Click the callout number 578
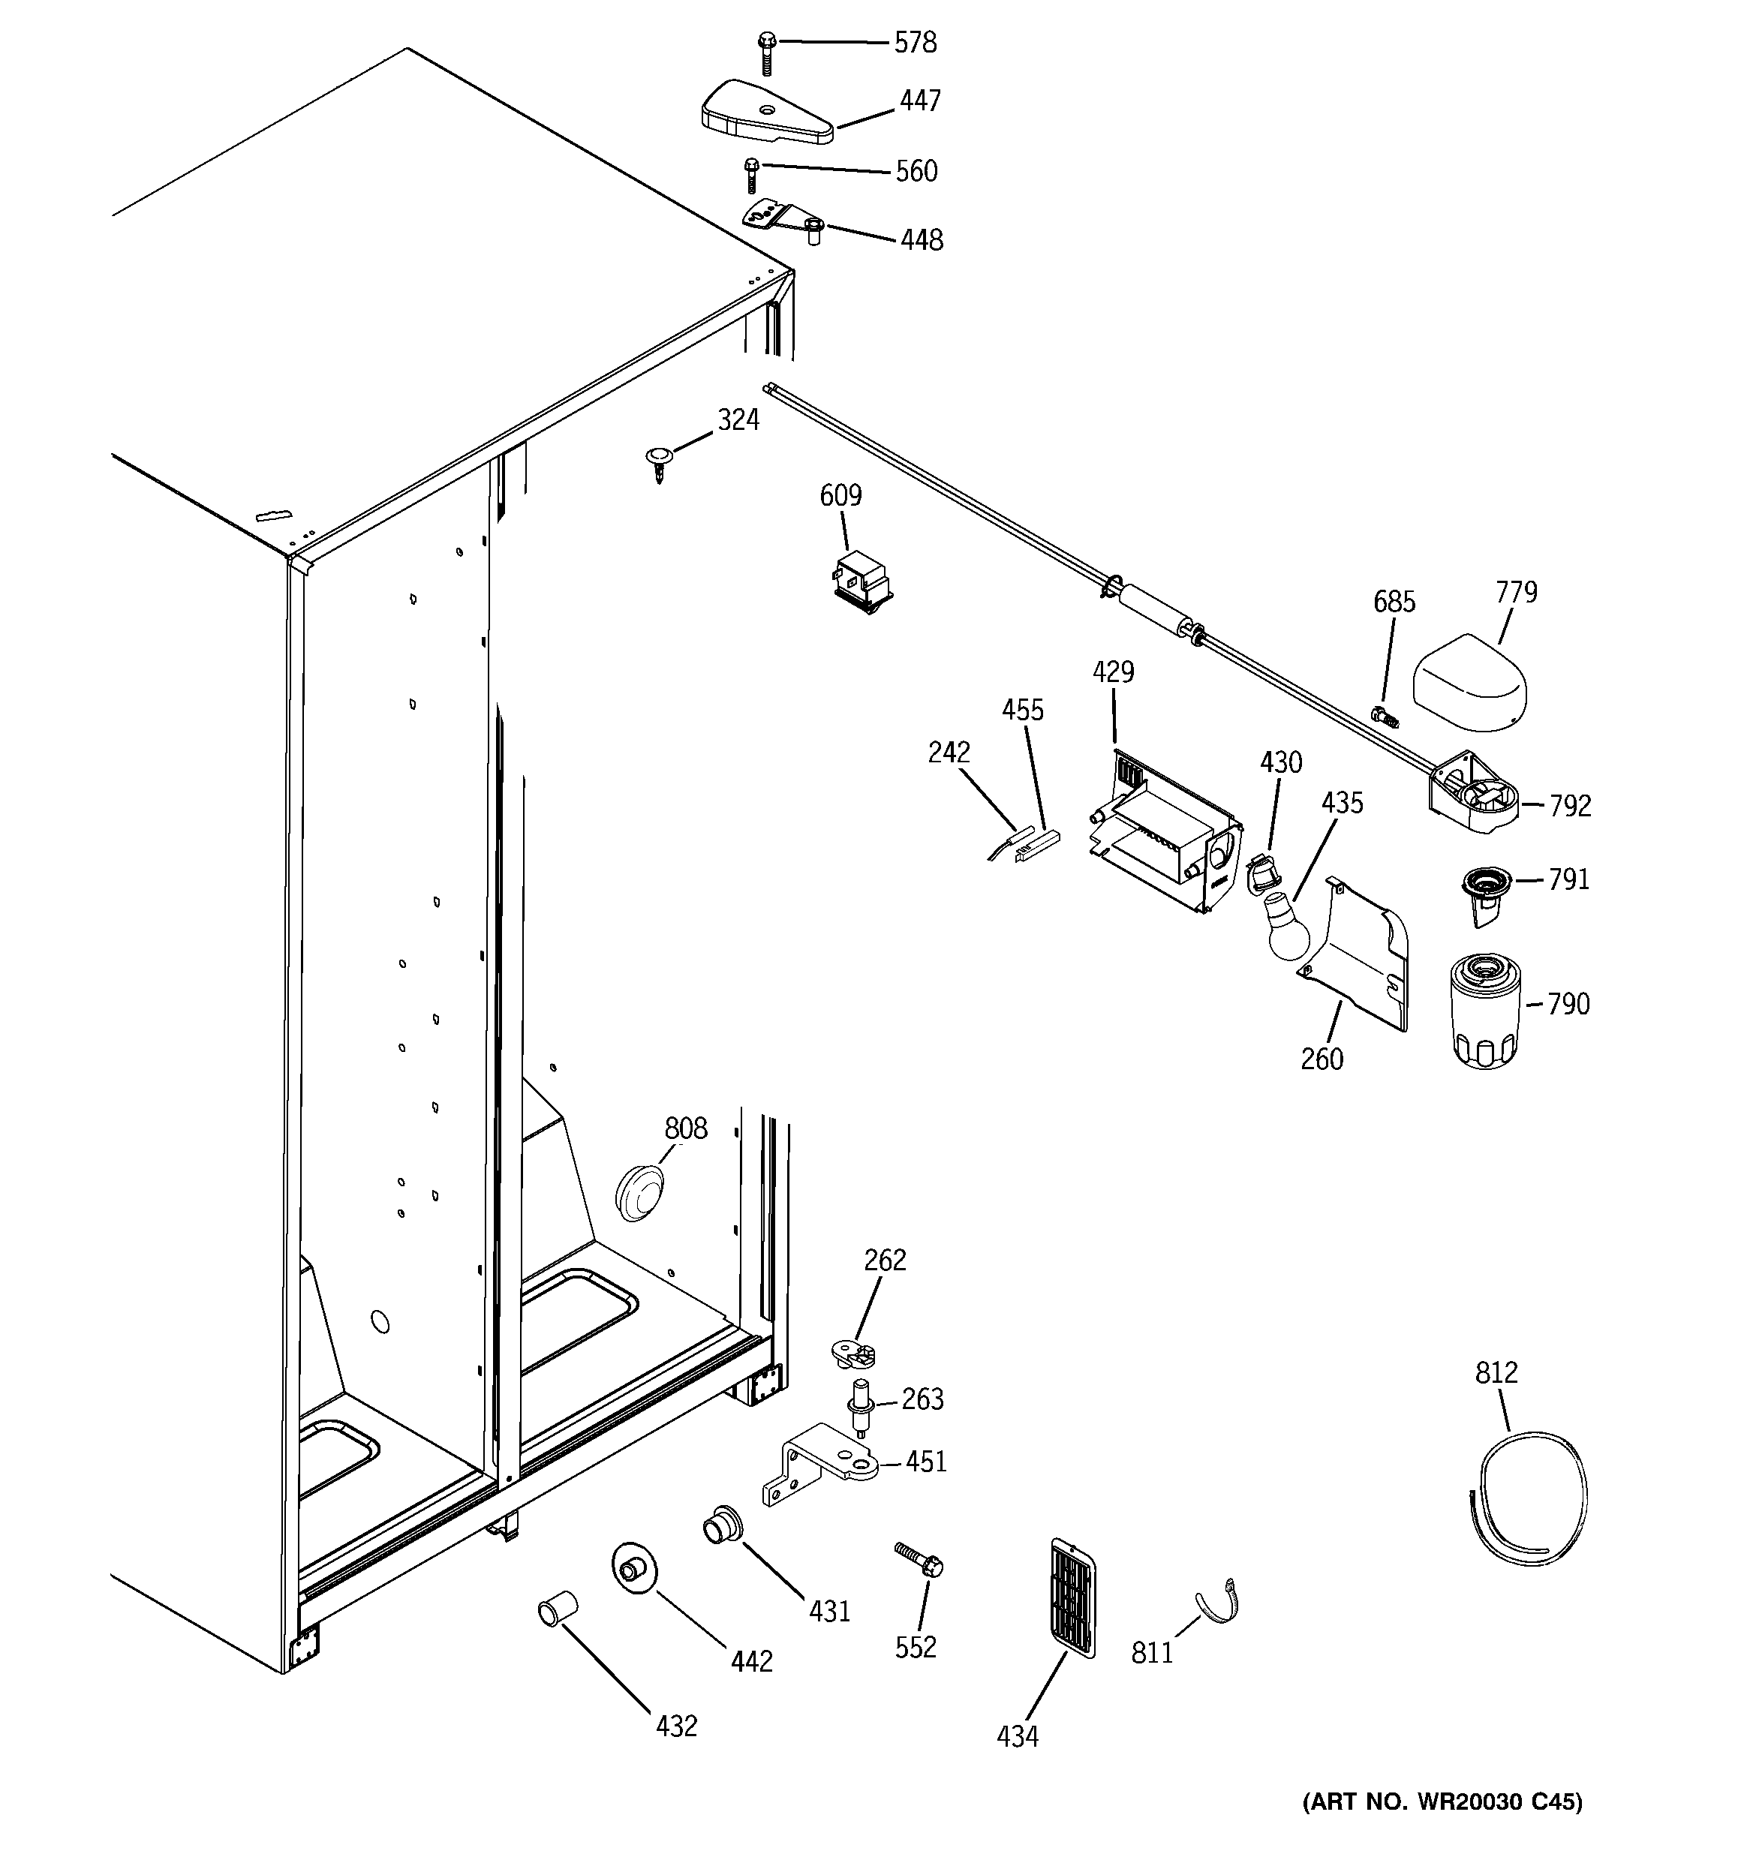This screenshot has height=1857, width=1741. (x=915, y=43)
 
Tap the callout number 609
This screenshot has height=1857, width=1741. (x=840, y=496)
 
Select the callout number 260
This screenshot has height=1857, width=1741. (x=1322, y=1059)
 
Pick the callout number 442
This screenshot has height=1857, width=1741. (x=751, y=1661)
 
